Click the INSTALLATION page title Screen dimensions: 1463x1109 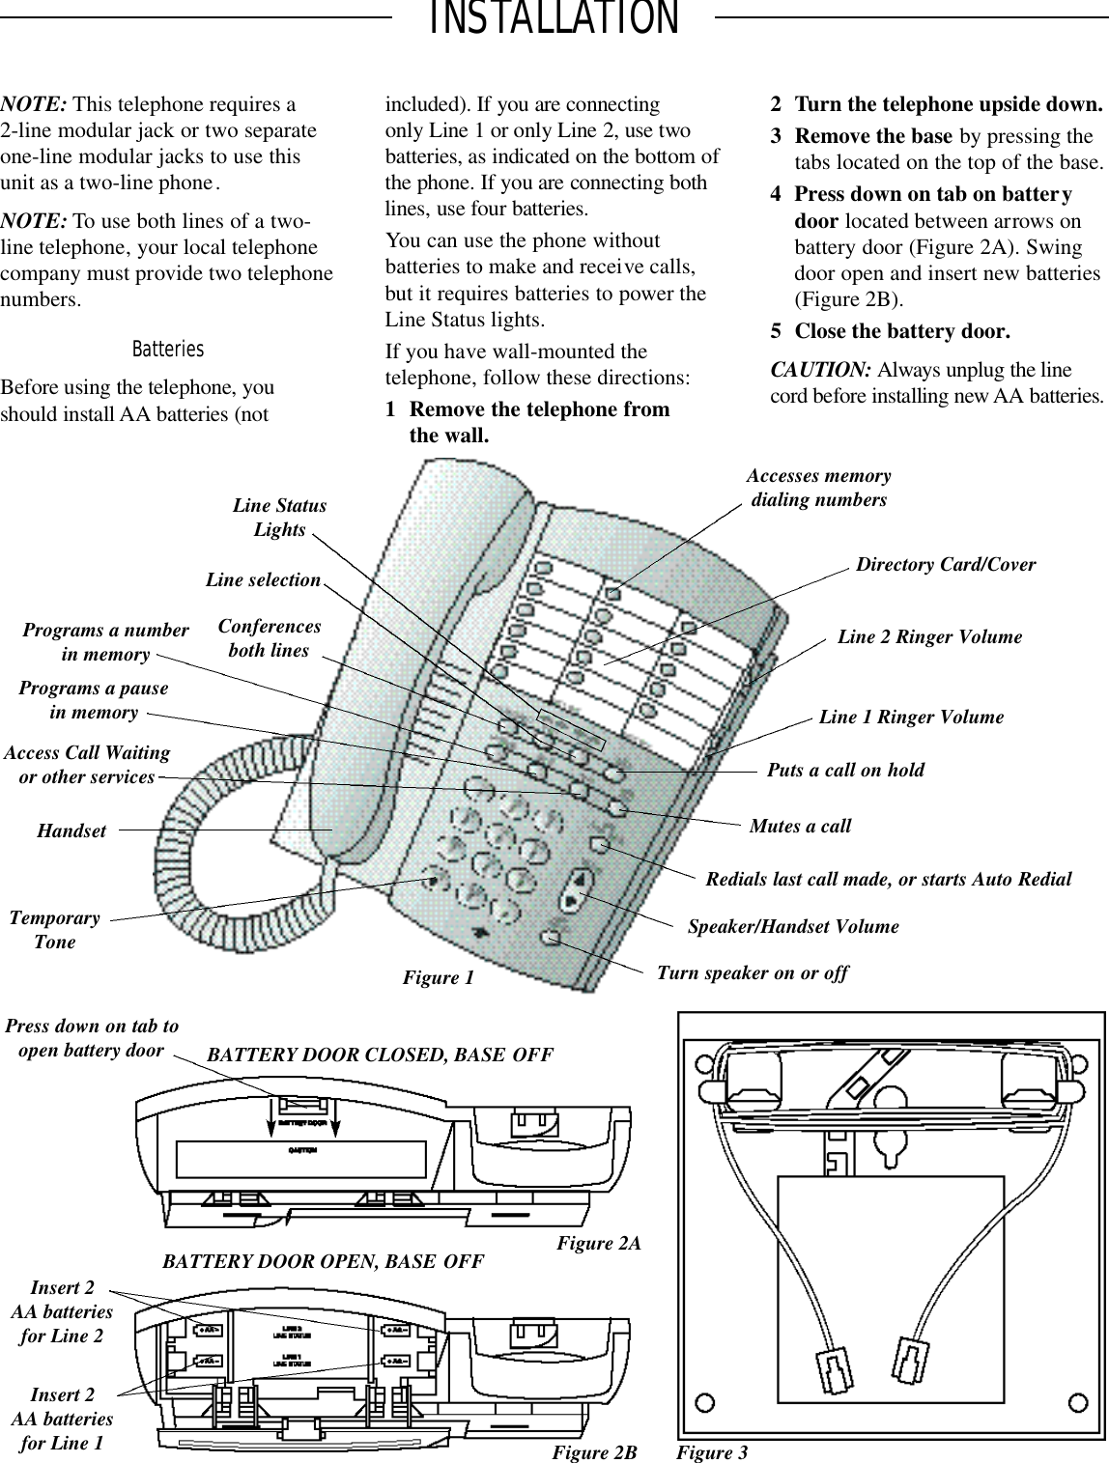click(554, 19)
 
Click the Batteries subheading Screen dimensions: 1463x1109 click(168, 349)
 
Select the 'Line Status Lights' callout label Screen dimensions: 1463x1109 click(279, 518)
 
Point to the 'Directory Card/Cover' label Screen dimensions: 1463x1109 click(945, 565)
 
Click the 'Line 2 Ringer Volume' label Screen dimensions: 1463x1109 click(928, 637)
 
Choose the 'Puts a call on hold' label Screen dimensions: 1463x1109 click(844, 770)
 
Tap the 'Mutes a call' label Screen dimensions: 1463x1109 click(800, 826)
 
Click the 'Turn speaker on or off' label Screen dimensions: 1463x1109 click(752, 972)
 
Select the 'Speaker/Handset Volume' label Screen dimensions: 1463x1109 click(792, 926)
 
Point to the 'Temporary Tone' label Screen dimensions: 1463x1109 click(54, 930)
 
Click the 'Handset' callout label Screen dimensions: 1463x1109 click(71, 830)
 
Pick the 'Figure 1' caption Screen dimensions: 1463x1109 click(438, 978)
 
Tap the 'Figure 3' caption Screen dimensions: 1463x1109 click(712, 1451)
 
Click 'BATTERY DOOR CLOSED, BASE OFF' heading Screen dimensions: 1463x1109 click(380, 1055)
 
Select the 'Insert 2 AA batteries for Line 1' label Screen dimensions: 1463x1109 click(62, 1420)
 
